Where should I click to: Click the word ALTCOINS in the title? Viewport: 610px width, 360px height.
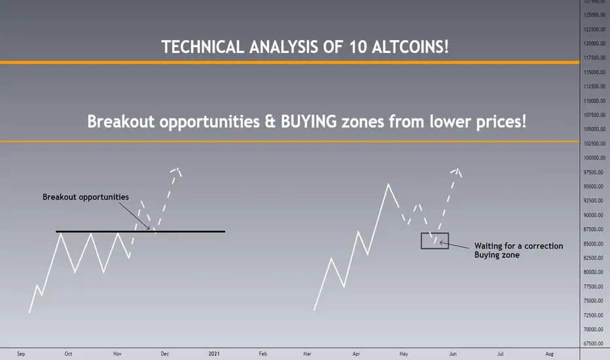410,46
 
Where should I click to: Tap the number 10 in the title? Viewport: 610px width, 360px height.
357,47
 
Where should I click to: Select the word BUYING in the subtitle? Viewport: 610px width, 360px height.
308,122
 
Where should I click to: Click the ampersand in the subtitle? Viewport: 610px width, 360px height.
270,122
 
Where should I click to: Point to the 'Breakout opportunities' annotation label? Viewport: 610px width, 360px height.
86,197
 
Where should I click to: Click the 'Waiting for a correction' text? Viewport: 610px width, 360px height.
518,246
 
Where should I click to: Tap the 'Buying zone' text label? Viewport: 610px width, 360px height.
497,255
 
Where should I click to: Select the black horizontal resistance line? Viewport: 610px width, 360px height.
141,232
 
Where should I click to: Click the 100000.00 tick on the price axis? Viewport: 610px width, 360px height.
594,158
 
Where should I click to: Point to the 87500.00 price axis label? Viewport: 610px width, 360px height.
594,230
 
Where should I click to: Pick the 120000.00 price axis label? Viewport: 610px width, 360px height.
594,44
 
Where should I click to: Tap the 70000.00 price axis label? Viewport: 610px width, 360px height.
594,330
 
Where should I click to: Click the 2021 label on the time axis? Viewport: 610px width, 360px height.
214,353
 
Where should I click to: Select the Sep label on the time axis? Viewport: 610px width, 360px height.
21,353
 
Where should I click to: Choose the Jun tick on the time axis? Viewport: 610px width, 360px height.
452,353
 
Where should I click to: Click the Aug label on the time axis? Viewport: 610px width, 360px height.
549,353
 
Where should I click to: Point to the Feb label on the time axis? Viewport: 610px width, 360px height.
263,353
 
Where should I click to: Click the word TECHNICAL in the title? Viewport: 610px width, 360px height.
203,46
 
